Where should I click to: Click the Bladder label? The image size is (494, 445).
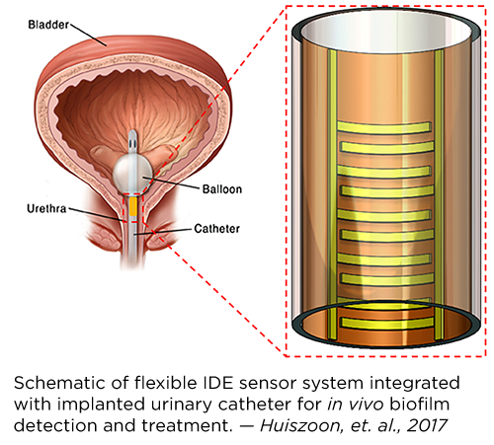48,25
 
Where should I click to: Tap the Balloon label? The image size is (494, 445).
222,189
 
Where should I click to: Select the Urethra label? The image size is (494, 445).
46,209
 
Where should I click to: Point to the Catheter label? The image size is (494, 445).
216,229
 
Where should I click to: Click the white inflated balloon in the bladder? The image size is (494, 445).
132,174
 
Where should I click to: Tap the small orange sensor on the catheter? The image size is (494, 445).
132,207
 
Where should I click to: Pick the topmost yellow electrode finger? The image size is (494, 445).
384,128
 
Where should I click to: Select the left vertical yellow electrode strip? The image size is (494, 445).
332,194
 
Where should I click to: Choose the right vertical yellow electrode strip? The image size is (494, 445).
439,194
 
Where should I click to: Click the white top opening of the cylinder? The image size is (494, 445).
386,33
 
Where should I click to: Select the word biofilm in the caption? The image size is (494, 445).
419,404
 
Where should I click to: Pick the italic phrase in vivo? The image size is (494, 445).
356,405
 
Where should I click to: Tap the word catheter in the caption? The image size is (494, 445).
256,405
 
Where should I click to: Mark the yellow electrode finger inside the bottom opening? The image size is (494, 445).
386,323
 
